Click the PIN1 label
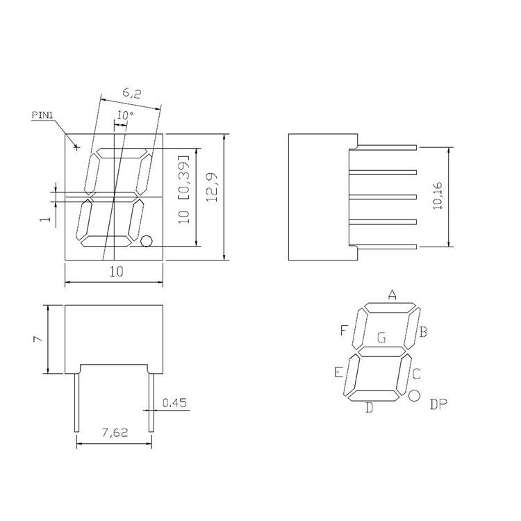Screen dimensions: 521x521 [x=42, y=115]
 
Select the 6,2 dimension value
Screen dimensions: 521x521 [x=132, y=94]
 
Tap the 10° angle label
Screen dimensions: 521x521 [x=125, y=115]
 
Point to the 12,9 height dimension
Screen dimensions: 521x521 [x=211, y=187]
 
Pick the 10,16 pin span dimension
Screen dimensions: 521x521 [x=438, y=195]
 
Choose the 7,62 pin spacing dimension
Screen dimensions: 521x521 [x=115, y=432]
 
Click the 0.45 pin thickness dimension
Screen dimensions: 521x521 [x=174, y=403]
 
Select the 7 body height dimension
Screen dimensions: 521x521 [x=38, y=339]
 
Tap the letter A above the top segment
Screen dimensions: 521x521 [x=392, y=295]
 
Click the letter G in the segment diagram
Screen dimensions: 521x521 [x=382, y=338]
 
